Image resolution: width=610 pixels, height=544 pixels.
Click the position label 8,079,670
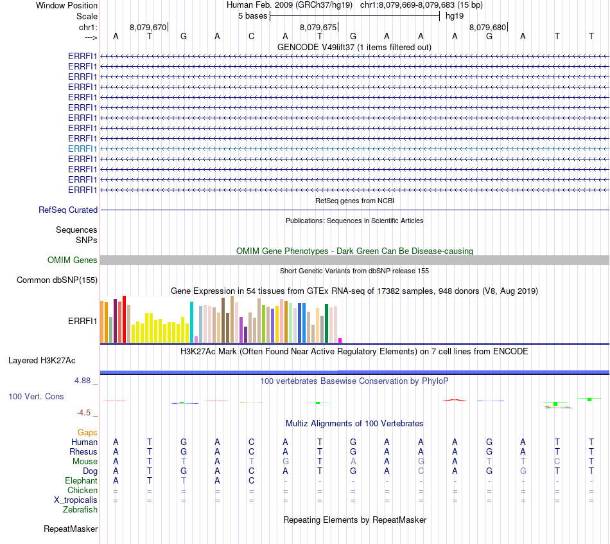click(148, 28)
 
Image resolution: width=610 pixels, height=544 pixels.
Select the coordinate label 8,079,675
click(318, 28)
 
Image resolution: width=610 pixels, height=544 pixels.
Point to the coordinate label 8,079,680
click(487, 28)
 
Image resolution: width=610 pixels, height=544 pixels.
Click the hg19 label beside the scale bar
click(455, 15)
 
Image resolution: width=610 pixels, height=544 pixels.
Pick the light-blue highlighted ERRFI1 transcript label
click(83, 149)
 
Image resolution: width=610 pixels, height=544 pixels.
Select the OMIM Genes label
click(73, 260)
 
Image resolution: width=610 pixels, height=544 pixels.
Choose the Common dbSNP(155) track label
click(57, 280)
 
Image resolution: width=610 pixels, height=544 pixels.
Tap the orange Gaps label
click(87, 433)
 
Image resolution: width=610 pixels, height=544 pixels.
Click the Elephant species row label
click(81, 480)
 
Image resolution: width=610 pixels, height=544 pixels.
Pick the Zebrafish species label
click(80, 509)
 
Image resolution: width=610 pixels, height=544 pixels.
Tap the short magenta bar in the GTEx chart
click(340, 340)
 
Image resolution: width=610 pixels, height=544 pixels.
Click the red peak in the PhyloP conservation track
click(454, 400)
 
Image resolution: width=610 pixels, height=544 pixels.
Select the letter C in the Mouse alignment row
click(557, 461)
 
